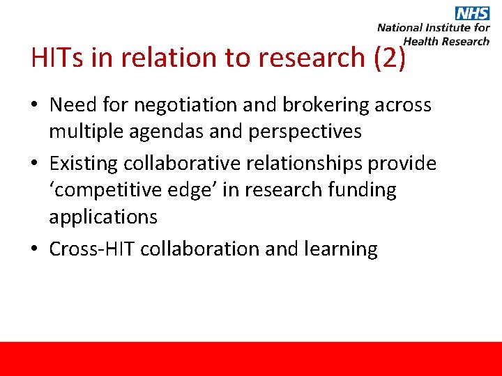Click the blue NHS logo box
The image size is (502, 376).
[x=472, y=13]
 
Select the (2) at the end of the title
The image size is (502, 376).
[x=389, y=58]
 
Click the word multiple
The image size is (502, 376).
[x=87, y=131]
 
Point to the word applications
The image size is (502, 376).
[x=103, y=217]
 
